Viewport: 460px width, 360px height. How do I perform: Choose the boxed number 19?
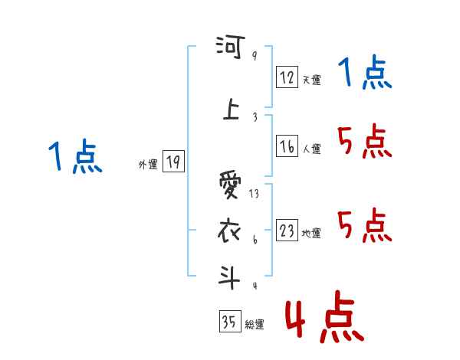[173, 162]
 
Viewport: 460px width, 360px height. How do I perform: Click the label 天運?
[311, 80]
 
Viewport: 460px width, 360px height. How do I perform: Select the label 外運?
[148, 164]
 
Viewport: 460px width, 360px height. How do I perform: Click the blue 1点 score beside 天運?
[366, 74]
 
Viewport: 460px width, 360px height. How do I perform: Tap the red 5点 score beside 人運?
[366, 141]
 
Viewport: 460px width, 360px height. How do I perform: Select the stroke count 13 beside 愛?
[254, 194]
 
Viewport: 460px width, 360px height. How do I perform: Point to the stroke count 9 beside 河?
[254, 55]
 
